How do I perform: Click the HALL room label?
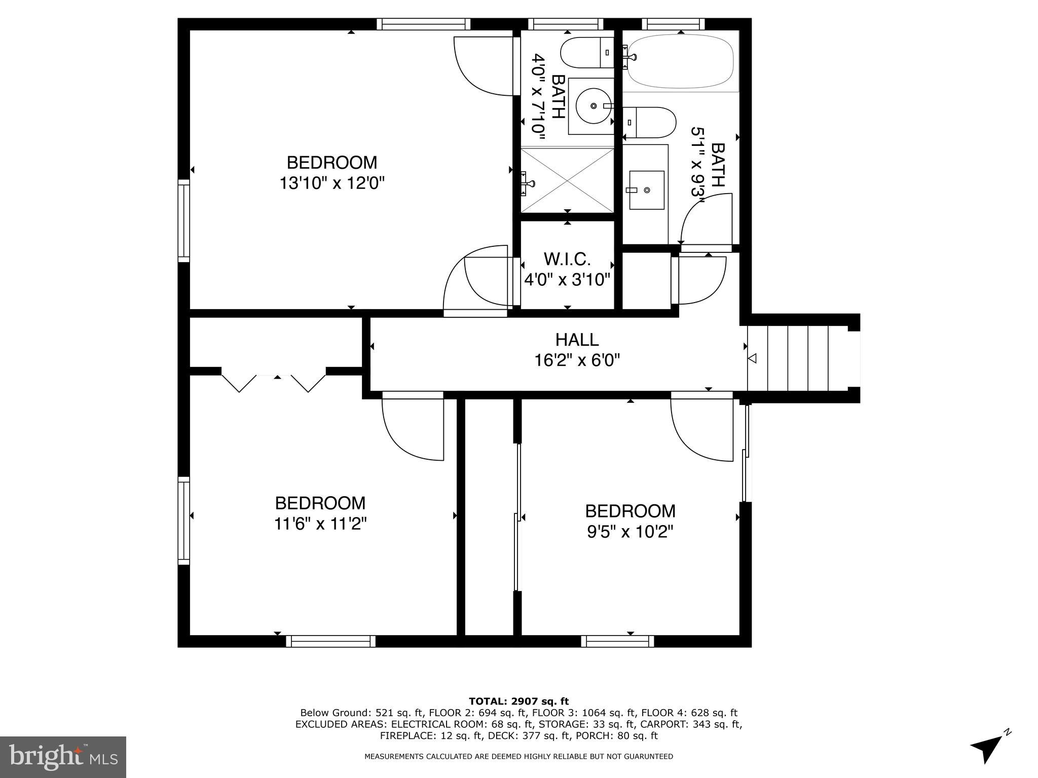tap(577, 339)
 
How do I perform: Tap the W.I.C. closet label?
tap(567, 259)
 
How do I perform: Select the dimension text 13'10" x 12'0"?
tap(332, 182)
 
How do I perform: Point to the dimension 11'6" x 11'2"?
tap(320, 523)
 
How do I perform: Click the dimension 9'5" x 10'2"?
tap(630, 532)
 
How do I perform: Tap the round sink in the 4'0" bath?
tap(593, 106)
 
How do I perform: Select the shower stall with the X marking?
tap(567, 180)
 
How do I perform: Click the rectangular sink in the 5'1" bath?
tap(646, 190)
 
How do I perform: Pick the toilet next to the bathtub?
tap(650, 122)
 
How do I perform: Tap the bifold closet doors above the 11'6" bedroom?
tap(274, 383)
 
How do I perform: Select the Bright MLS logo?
tap(63, 757)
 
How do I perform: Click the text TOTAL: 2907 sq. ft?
tap(518, 701)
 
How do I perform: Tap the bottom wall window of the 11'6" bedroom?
tap(331, 641)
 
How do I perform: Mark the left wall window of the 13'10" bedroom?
tap(183, 220)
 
